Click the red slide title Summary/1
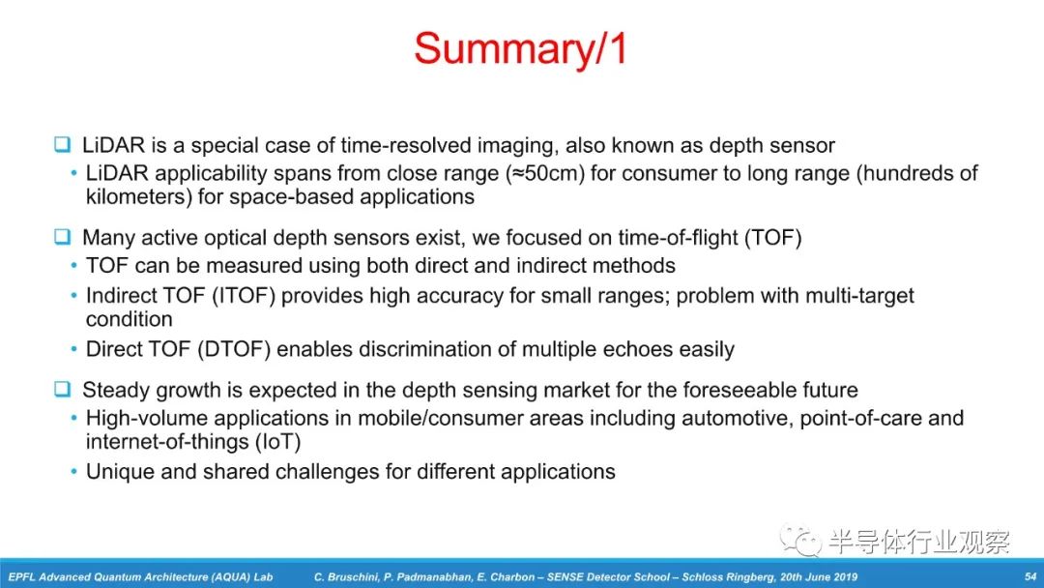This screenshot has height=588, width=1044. click(520, 48)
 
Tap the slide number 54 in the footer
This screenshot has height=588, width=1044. click(1030, 576)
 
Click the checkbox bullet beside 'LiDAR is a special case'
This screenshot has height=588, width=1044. click(63, 144)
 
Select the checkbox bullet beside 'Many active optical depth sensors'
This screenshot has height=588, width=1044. click(63, 236)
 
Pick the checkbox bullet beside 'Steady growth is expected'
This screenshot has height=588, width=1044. click(63, 388)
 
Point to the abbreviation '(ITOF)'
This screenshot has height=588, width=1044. click(243, 296)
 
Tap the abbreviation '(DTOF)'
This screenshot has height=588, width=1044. click(234, 349)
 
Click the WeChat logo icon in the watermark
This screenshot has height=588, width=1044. click(800, 539)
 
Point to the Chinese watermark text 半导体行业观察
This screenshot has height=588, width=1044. click(919, 542)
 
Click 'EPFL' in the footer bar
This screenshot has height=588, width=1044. click(21, 577)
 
